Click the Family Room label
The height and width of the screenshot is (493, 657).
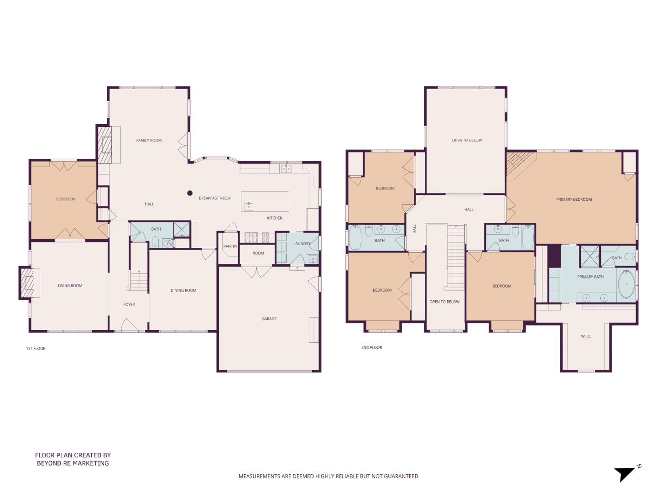[149, 140]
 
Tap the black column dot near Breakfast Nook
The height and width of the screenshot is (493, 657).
[190, 193]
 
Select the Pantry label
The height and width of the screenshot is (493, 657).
[230, 246]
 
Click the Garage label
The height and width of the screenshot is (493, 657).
[269, 319]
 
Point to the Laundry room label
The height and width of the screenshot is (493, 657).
[302, 244]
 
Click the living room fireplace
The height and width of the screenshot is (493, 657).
[28, 283]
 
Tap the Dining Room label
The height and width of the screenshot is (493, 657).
[183, 290]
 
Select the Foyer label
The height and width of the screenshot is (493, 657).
[129, 304]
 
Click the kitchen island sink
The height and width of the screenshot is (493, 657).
[249, 206]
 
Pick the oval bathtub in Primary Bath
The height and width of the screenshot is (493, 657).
[626, 284]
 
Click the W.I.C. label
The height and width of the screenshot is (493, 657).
[586, 336]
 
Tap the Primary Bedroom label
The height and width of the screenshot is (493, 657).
[574, 199]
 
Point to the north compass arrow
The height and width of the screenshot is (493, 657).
[625, 473]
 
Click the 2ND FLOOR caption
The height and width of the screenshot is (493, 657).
[371, 347]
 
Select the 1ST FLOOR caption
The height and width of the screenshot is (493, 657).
[36, 348]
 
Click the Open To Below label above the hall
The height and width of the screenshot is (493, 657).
[467, 140]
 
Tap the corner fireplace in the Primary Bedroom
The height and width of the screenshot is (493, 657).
[518, 162]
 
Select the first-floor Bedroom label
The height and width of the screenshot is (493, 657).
[65, 199]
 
